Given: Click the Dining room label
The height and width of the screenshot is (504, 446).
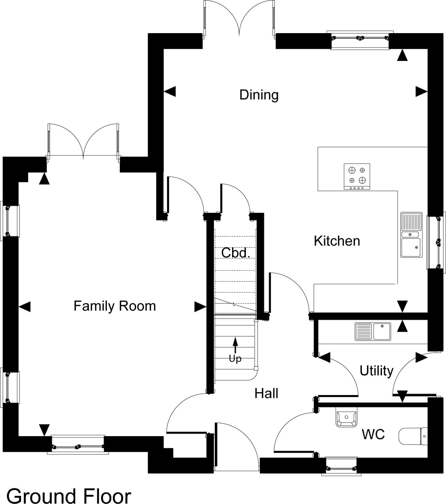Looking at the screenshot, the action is click(259, 95).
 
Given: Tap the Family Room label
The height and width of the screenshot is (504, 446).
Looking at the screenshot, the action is click(115, 306).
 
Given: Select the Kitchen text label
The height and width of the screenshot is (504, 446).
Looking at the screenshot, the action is click(337, 241).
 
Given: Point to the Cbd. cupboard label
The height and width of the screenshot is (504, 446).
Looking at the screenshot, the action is click(236, 253).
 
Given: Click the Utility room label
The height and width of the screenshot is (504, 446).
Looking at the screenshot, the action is click(377, 371).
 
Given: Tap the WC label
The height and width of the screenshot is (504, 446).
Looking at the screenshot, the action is click(373, 434).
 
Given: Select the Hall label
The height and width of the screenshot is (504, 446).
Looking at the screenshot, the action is click(267, 393).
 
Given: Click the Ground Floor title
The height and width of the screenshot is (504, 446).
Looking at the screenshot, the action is click(69, 496).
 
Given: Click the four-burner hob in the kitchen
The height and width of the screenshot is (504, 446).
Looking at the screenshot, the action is click(357, 176).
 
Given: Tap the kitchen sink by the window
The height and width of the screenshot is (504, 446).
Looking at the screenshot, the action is click(412, 235).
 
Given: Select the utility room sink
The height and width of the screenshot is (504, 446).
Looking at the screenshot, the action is click(373, 331).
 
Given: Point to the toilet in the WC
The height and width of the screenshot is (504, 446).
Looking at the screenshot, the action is click(413, 436).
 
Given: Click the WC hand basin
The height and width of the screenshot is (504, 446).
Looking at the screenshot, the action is click(347, 418).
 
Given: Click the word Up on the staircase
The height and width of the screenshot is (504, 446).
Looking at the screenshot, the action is click(235, 359).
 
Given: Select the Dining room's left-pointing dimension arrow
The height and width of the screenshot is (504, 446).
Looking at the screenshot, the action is click(170, 92).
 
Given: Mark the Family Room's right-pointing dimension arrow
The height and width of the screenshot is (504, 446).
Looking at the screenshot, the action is click(201, 307).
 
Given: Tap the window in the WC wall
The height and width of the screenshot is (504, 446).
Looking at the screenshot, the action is click(341, 467).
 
